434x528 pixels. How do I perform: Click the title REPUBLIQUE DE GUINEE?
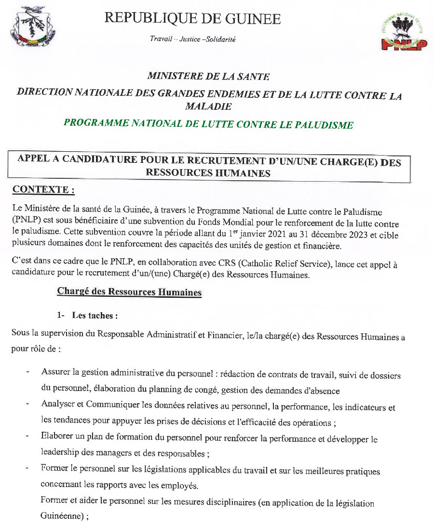click(x=192, y=19)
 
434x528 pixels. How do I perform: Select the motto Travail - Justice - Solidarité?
click(x=192, y=39)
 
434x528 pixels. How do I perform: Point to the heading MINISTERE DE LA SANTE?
click(x=208, y=76)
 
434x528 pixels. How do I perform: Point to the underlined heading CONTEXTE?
click(x=43, y=190)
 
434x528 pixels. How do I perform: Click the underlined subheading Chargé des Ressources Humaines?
click(x=129, y=292)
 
